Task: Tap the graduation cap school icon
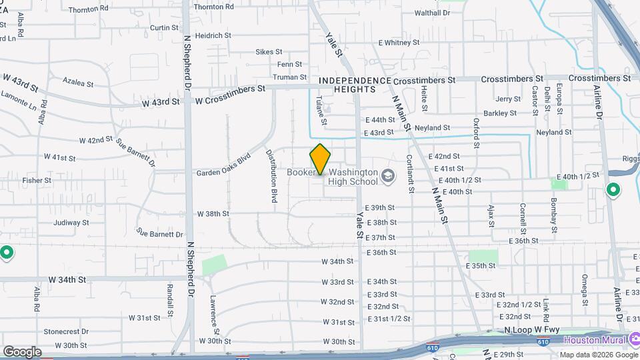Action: (x=387, y=177)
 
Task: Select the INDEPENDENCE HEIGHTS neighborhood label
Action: (x=354, y=85)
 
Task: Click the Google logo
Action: (x=22, y=352)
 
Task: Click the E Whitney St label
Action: (x=399, y=43)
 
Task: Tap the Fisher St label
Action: (x=32, y=180)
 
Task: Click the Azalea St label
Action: (x=78, y=83)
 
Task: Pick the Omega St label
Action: (x=584, y=287)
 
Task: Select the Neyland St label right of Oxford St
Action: (x=553, y=132)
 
